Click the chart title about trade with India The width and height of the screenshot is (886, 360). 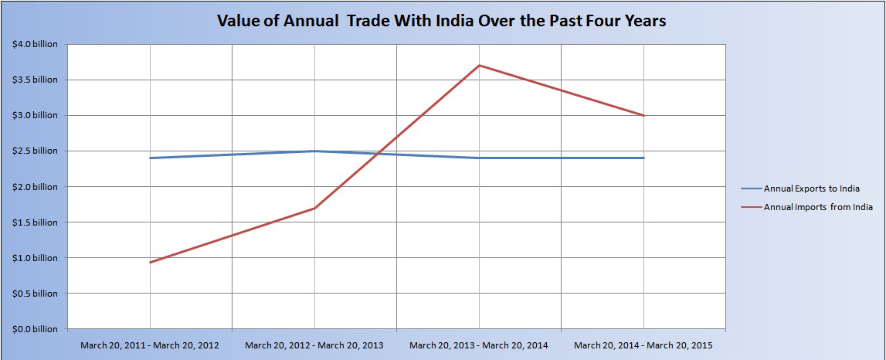[441, 21]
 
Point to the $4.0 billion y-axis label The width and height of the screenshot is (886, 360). [34, 44]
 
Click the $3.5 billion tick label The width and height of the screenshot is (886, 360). [34, 80]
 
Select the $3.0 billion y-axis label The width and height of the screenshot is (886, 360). [34, 115]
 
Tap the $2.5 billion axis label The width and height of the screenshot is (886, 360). [34, 151]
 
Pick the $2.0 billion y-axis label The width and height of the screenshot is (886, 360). [34, 186]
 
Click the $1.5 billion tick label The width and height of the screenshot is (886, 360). [34, 222]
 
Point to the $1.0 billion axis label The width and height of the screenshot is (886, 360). [34, 258]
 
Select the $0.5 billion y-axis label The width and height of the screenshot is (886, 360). [34, 294]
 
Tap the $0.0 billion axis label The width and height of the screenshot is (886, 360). [34, 329]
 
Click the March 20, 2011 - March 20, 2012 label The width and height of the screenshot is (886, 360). [150, 345]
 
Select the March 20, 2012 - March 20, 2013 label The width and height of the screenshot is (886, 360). [314, 345]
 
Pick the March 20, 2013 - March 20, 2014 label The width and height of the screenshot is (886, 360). [479, 345]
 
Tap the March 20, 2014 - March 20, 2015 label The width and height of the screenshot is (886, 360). [643, 345]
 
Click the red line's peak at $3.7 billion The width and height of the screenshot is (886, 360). [479, 65]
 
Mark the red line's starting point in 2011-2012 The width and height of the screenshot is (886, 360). [150, 263]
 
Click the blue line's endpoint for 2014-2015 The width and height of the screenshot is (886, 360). [643, 158]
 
